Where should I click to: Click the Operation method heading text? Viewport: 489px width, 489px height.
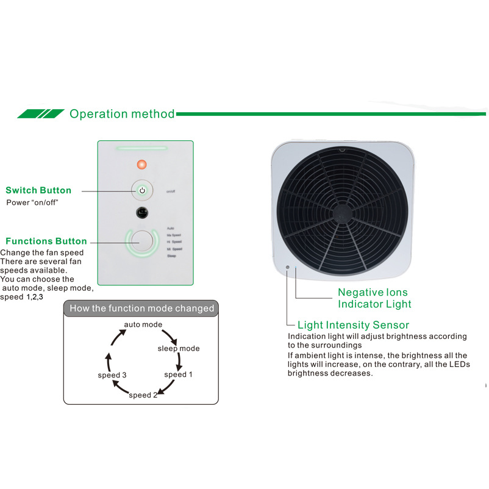pos(121,114)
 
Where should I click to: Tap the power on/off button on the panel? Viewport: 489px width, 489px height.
pos(142,190)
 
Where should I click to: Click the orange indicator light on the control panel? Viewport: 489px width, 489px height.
pos(141,164)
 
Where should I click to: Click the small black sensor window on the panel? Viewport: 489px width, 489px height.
pos(141,213)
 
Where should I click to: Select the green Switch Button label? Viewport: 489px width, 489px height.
pos(38,190)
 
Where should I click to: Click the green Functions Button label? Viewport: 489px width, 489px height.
pos(46,241)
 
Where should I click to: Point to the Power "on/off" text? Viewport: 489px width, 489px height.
pos(32,202)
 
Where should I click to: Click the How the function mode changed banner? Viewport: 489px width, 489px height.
pos(141,309)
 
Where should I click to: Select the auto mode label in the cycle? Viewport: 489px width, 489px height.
pos(143,324)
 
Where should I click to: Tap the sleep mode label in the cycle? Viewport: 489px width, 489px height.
pos(179,348)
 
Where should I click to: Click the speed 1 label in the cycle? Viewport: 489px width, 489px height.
pos(178,374)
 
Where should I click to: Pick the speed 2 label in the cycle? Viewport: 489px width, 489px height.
pos(143,395)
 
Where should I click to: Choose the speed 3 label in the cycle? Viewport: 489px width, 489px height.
pos(112,375)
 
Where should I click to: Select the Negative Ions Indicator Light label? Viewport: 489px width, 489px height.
pos(374,298)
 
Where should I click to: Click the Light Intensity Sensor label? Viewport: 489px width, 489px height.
pos(353,325)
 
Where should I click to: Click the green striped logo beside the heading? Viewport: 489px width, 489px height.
pos(41,114)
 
